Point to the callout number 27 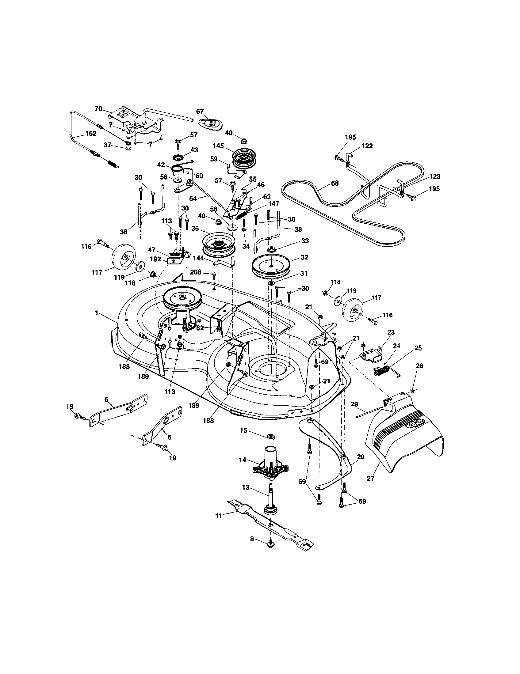pos(371,478)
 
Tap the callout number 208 pos(196,272)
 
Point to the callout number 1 pos(97,313)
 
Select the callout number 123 pos(435,176)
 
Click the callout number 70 pos(98,109)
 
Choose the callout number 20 pos(360,457)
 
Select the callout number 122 pos(367,146)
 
